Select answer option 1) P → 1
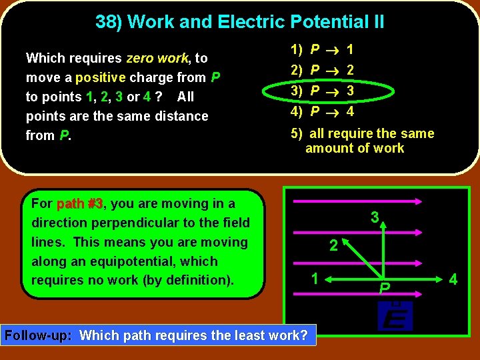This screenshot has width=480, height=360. coord(323,49)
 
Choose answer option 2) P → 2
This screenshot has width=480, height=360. coord(323,69)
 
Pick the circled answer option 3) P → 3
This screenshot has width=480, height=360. coord(323,90)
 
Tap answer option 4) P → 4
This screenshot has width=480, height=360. coord(323,111)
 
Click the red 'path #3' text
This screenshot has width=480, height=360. coord(80,203)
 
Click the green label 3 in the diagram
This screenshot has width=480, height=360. coord(375,217)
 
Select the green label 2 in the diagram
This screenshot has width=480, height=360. coord(333,246)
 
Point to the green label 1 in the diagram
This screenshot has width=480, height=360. coord(313,279)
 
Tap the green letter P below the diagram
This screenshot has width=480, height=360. coord(384,288)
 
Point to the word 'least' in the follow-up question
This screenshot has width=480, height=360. coord(232,335)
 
